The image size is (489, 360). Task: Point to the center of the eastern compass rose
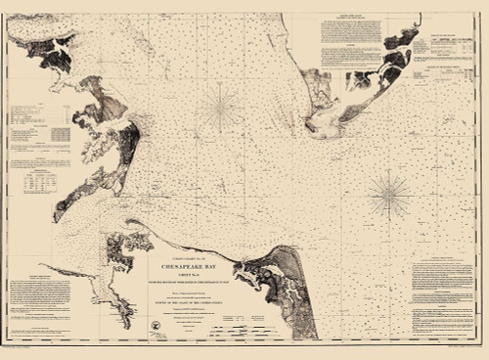389,194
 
